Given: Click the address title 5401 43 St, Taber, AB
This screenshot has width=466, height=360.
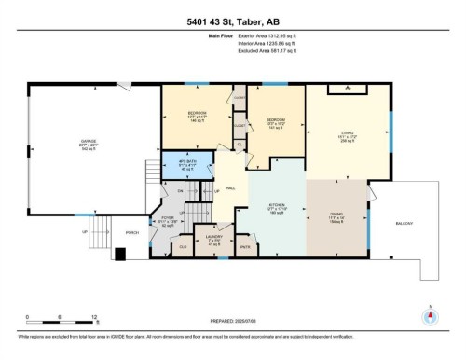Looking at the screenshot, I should (232, 12).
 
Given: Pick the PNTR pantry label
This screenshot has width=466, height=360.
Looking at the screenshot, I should (247, 247).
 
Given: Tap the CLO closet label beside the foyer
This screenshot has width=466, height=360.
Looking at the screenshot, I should (182, 247).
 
